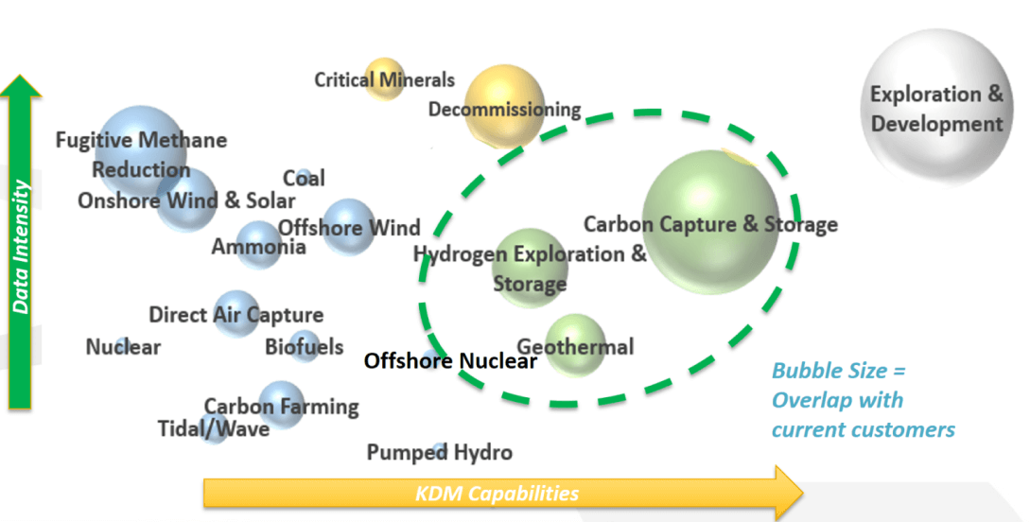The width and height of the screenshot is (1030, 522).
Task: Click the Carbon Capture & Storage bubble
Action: (x=710, y=221)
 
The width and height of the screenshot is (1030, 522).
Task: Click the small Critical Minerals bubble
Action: (x=384, y=78)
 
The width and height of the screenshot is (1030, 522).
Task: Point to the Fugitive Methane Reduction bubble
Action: (x=139, y=151)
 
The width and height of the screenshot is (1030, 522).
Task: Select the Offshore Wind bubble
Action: (x=348, y=226)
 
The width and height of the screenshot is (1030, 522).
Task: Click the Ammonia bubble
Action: (x=257, y=245)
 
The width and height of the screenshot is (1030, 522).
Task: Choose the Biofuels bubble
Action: (x=304, y=346)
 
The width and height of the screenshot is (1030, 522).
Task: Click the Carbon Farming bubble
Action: (x=280, y=405)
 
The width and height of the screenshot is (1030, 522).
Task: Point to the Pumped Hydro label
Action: (x=439, y=453)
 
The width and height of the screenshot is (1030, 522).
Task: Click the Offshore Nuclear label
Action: (x=450, y=360)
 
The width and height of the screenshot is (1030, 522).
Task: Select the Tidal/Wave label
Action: (x=213, y=429)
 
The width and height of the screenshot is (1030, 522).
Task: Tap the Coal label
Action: (x=304, y=178)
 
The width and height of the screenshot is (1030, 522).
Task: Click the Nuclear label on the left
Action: (x=123, y=347)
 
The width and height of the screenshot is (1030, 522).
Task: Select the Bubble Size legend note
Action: (x=863, y=400)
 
